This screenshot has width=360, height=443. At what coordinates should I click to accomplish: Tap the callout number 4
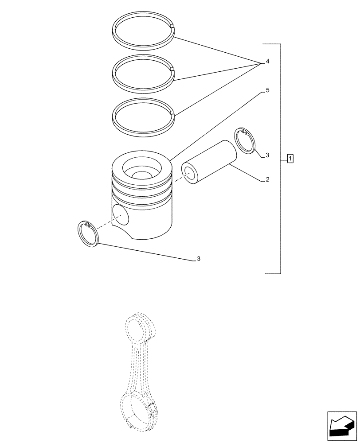point(267,62)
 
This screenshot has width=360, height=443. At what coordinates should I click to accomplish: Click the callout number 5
point(267,90)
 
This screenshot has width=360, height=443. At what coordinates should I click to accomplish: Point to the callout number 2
point(267,180)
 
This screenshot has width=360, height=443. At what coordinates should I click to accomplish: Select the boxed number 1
point(290,158)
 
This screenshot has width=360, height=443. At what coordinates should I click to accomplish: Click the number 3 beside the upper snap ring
point(267,155)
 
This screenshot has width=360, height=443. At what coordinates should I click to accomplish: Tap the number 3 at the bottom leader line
point(199,259)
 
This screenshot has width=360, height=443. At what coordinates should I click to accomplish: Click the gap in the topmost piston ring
point(173,31)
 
